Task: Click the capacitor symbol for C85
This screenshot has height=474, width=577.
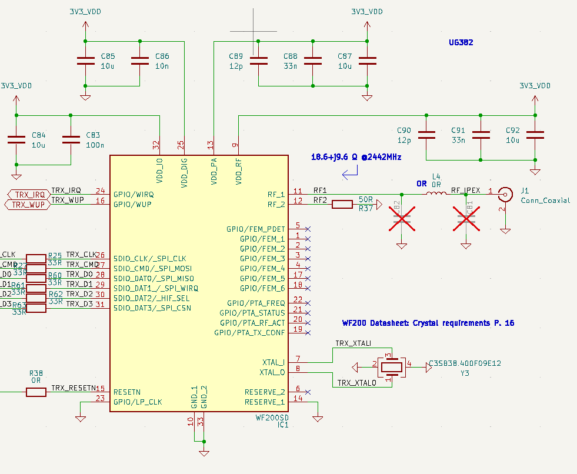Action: [86, 61]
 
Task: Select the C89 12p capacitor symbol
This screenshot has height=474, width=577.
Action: [258, 61]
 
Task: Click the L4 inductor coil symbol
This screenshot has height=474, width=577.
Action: [436, 193]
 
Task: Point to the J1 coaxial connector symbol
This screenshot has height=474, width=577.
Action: [504, 193]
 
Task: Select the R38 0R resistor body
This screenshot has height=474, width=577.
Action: [36, 392]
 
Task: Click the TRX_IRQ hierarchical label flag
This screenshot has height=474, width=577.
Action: [28, 194]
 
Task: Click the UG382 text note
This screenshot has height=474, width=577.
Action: [461, 43]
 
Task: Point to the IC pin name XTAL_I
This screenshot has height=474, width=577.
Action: [274, 362]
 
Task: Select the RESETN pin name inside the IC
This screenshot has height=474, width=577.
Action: [127, 392]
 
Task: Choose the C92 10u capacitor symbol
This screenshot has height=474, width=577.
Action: [535, 135]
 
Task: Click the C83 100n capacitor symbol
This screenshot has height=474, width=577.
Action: [71, 139]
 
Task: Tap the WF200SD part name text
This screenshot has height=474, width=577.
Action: [272, 418]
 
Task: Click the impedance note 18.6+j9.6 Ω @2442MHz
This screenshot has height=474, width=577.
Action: [356, 158]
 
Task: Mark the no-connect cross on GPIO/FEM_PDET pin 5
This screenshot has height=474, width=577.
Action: [308, 229]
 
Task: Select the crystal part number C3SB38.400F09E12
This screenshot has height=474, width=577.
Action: [465, 363]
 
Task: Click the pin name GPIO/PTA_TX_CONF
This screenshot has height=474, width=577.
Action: [250, 333]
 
